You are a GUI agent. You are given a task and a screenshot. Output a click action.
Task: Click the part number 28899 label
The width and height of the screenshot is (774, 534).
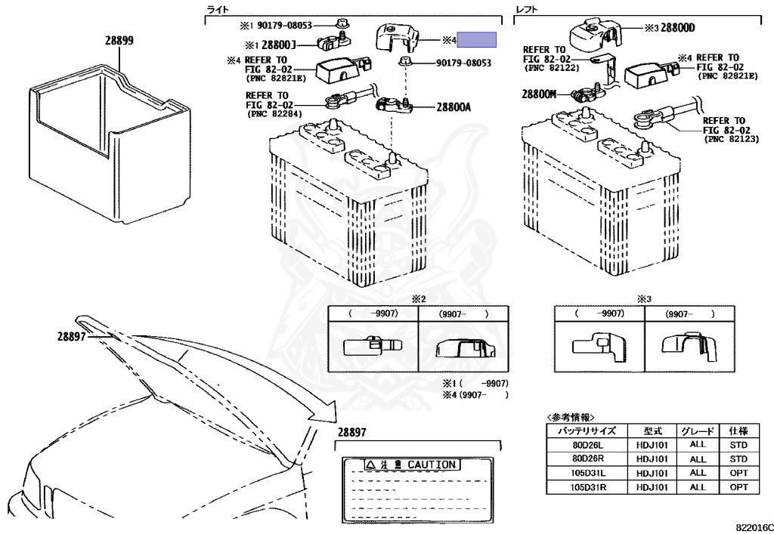point(119,41)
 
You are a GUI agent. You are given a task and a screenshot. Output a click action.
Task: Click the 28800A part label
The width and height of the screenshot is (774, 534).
point(453,107)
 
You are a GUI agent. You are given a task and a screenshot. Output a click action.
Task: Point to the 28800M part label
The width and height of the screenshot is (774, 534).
point(538,94)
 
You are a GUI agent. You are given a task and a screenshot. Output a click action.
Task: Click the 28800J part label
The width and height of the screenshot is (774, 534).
point(280,45)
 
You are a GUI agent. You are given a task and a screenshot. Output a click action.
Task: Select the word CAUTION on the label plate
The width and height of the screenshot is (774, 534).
point(432,465)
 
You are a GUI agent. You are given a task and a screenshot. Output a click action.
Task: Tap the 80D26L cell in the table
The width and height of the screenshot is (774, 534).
point(587,444)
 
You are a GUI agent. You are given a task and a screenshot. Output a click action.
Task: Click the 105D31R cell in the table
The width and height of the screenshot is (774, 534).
point(587,487)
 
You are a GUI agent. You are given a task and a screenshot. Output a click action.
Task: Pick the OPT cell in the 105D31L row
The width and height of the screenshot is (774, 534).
point(738,473)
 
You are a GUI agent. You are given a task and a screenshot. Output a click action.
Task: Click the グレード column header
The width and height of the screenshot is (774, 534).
point(698,431)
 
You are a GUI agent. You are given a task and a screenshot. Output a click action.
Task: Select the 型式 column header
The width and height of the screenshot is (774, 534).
point(652,431)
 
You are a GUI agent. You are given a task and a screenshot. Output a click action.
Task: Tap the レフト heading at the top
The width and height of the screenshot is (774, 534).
point(528,8)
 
